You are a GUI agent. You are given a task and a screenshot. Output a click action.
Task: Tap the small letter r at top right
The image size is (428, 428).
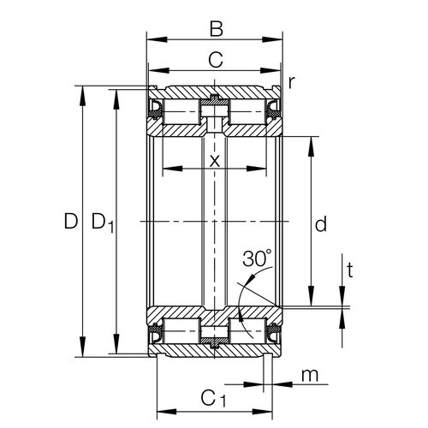point(292,82)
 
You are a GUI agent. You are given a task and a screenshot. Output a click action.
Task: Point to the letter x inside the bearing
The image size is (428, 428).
point(214,159)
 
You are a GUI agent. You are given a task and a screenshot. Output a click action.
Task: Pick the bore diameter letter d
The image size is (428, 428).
point(321,225)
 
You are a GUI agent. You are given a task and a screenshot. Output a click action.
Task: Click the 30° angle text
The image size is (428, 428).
point(256,258)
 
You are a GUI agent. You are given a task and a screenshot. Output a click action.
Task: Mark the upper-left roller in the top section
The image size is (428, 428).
point(182,110)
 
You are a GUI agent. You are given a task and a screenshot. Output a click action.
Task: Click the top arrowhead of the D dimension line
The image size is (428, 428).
point(82,91)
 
